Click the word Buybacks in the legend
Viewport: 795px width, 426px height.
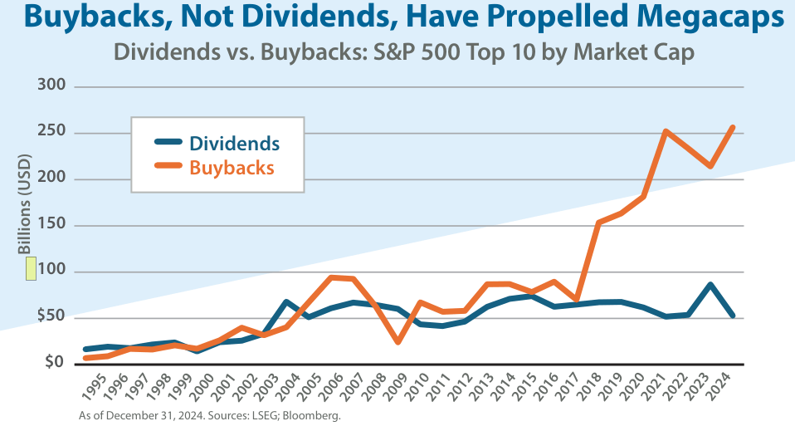(232, 167)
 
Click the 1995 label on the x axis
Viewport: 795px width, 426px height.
(94, 386)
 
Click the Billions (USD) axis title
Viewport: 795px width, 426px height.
(25, 203)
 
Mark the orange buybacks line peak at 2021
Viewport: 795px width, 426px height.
(665, 131)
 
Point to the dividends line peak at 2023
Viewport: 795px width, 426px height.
(710, 285)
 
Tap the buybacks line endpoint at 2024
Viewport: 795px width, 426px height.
(732, 127)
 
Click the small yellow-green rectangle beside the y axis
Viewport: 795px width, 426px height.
(31, 268)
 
